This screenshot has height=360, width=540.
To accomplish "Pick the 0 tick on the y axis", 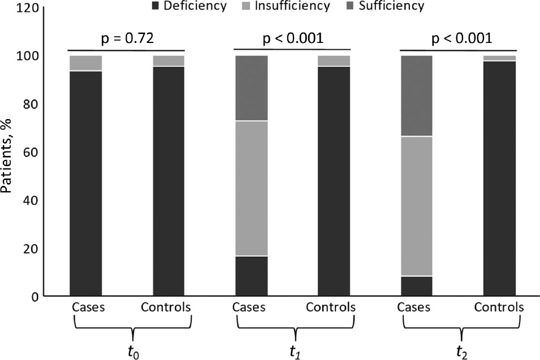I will coord(49,297).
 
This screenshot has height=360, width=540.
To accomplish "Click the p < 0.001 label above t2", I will coord(460,38).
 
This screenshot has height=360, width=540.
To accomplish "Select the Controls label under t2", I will coord(499,308).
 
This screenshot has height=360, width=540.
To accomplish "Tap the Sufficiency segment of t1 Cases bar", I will coord(251,88).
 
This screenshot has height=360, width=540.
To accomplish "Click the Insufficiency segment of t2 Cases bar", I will coord(417,206).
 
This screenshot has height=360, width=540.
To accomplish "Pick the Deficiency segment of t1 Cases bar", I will coord(251,276).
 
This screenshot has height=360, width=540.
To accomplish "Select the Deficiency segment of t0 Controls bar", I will coord(169,181).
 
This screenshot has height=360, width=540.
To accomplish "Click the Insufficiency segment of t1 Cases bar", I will coord(251,189).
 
